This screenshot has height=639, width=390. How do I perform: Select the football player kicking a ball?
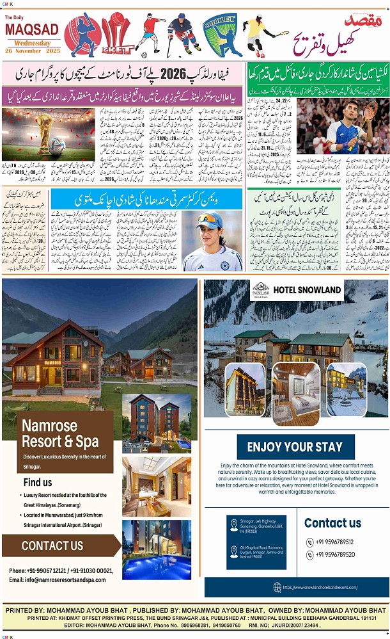(x=149, y=33)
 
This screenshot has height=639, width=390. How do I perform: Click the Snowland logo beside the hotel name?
(x=260, y=289)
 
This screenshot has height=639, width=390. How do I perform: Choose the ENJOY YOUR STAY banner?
(x=295, y=446)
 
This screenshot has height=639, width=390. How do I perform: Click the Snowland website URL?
(x=329, y=586)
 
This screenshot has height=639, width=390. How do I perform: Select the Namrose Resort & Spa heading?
(x=60, y=433)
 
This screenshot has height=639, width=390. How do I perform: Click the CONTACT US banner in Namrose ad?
(x=52, y=546)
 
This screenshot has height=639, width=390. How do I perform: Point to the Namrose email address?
(x=58, y=579)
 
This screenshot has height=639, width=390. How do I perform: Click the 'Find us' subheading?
(x=38, y=482)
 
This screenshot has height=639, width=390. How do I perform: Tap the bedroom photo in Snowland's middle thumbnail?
(x=296, y=389)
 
